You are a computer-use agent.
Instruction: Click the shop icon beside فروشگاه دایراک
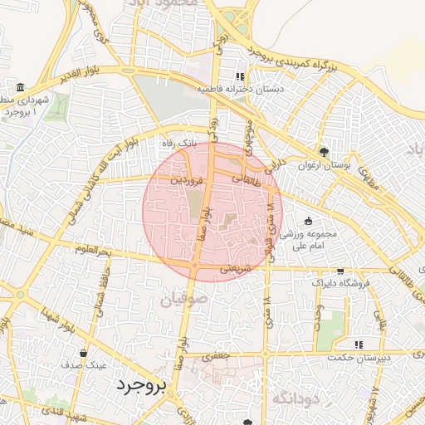tap(340, 271)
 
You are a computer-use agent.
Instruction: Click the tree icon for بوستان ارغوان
tap(324, 152)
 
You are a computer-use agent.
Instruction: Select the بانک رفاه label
tap(180, 143)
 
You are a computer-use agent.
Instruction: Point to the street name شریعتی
tap(237, 268)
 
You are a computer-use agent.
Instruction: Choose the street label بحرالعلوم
tap(93, 250)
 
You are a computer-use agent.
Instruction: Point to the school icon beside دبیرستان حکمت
tap(359, 344)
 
